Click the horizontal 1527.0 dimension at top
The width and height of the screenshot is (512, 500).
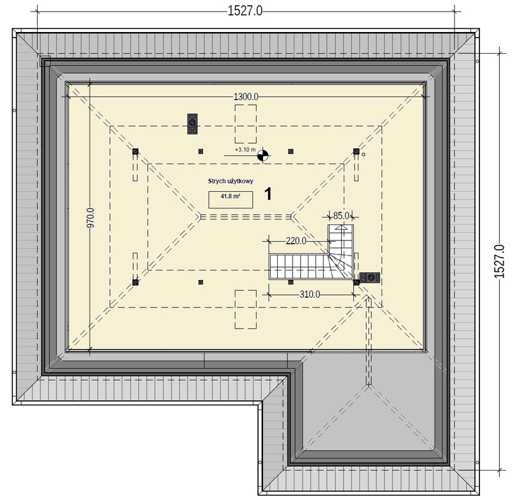244,11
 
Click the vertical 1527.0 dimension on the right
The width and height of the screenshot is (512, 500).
499,262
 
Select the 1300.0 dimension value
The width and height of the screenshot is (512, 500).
246,97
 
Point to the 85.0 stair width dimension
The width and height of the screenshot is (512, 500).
341,215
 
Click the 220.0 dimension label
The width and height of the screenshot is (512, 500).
296,240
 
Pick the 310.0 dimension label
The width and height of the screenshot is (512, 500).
310,295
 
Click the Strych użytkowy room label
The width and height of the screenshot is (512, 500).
230,181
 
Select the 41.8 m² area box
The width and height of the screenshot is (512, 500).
230,199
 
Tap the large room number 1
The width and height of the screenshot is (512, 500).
268,194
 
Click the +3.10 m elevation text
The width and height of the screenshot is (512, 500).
245,150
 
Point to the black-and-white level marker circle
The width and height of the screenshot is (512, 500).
262,155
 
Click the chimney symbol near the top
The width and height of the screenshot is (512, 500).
193,124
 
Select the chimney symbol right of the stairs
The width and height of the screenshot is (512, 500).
370,277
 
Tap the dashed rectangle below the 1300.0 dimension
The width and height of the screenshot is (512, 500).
246,124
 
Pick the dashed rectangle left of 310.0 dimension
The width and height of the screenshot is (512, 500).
246,309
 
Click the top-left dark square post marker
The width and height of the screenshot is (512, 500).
136,152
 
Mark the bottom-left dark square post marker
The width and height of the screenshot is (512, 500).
136,282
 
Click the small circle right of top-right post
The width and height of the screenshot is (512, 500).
364,155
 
